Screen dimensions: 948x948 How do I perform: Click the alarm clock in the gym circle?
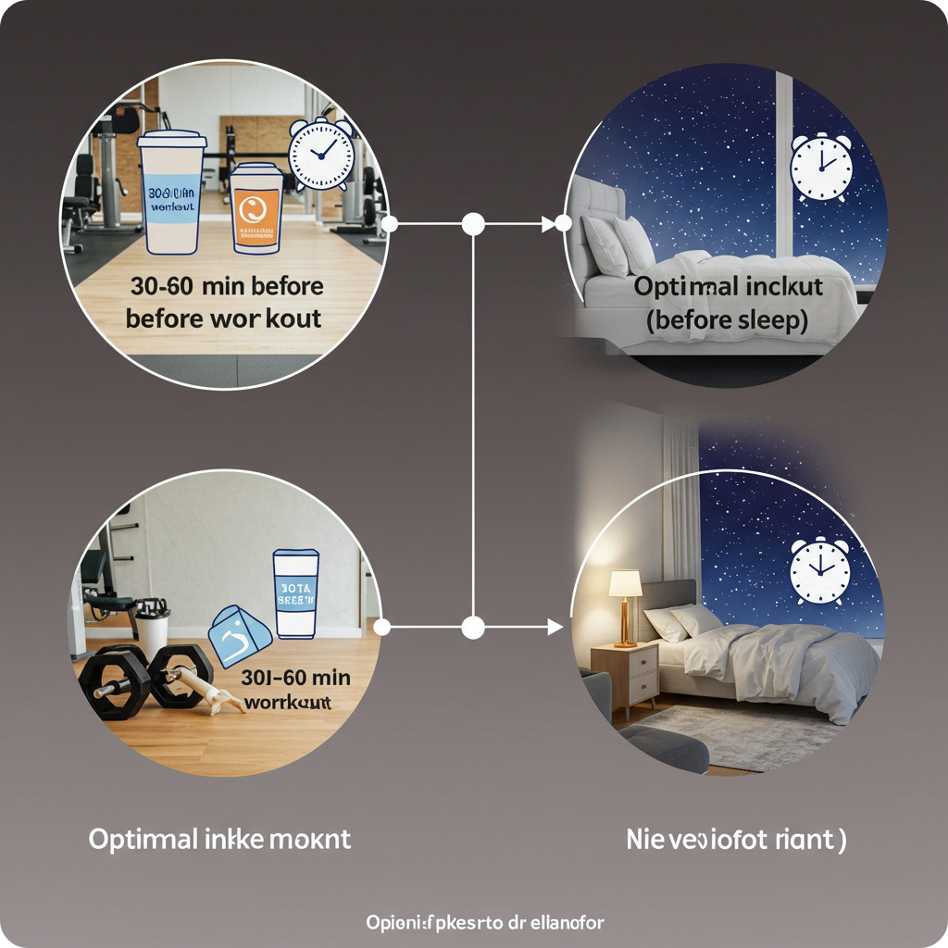click(x=321, y=155)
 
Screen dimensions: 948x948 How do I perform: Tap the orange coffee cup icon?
click(x=256, y=208)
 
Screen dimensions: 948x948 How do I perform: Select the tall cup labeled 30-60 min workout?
click(x=172, y=191)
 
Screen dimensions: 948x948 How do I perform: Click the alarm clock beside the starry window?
click(x=820, y=167)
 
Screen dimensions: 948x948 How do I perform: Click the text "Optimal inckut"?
click(x=728, y=287)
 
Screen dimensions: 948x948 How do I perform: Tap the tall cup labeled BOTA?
click(x=296, y=593)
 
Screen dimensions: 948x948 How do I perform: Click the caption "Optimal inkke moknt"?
click(x=219, y=840)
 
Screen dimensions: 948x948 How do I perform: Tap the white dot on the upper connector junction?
click(x=473, y=223)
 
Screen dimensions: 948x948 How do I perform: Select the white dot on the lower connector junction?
click(x=473, y=628)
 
